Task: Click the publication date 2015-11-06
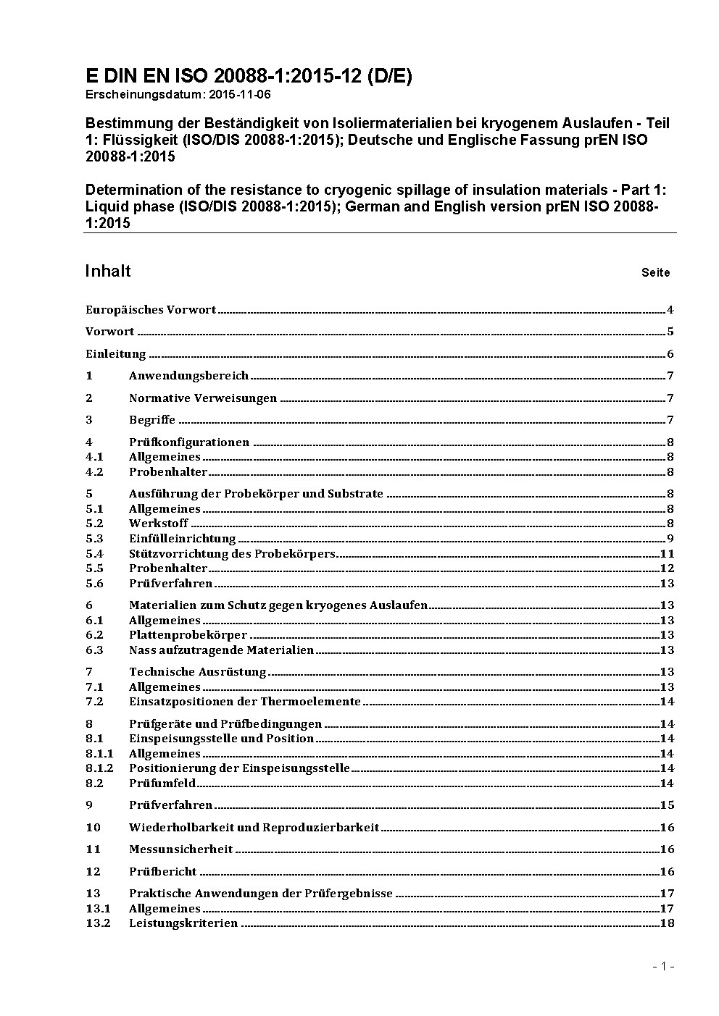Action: pos(230,95)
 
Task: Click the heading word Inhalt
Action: pos(108,271)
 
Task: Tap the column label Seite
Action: pos(655,273)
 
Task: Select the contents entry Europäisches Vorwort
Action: pos(151,310)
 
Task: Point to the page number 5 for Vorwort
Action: pos(670,332)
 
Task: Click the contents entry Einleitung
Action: pos(116,354)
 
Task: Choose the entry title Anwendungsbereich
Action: pos(188,376)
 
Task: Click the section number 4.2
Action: pos(94,472)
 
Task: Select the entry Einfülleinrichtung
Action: pos(182,539)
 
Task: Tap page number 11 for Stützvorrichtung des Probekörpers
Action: pos(667,554)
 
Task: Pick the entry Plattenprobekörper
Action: pos(188,635)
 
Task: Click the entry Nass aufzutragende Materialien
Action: pos(221,650)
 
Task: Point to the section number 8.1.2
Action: pos(99,768)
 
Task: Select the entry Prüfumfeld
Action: pos(162,784)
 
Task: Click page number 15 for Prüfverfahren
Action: pos(667,805)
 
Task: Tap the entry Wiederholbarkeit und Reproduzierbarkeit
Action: pos(254,828)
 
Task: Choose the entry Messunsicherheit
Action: pos(180,849)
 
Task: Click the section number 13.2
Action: pos(98,923)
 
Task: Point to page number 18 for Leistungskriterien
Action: pos(667,923)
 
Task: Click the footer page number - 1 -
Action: pos(663,967)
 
